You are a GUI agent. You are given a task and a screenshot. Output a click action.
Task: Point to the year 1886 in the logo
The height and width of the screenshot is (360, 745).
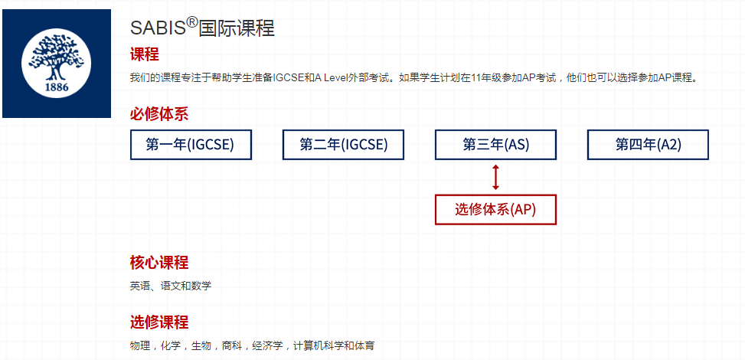[x=57, y=87]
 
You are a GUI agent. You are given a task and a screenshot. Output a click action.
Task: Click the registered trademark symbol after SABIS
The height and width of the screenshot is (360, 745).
[x=191, y=23]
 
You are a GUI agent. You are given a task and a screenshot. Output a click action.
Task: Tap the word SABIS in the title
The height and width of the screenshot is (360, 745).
[x=158, y=28]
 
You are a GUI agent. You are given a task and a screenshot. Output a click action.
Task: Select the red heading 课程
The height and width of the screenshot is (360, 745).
[x=145, y=54]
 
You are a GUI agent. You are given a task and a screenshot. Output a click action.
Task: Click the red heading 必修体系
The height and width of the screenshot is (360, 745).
[x=159, y=113]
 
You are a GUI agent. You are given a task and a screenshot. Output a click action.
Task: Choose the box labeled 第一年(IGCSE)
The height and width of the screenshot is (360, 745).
[x=191, y=145]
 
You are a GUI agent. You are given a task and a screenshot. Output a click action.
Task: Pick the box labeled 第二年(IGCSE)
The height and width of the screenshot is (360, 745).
[x=343, y=145]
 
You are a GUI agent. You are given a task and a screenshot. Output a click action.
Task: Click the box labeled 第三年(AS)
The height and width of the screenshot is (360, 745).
[x=495, y=145]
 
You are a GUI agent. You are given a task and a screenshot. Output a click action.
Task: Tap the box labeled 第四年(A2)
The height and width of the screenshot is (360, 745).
[x=648, y=145]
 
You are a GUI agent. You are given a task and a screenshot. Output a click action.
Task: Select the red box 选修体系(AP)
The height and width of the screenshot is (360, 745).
[x=495, y=209]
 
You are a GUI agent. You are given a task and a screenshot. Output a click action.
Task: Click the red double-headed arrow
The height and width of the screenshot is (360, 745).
[x=495, y=178]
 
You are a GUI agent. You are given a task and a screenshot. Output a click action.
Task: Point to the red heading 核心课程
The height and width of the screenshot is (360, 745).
[x=159, y=262]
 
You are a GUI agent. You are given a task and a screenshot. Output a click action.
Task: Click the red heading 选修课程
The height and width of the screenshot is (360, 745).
[x=159, y=322]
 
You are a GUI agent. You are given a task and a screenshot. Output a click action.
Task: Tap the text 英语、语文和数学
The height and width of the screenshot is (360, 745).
[x=171, y=286]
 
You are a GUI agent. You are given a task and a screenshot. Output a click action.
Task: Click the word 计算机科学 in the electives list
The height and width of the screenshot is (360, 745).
[x=318, y=345]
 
